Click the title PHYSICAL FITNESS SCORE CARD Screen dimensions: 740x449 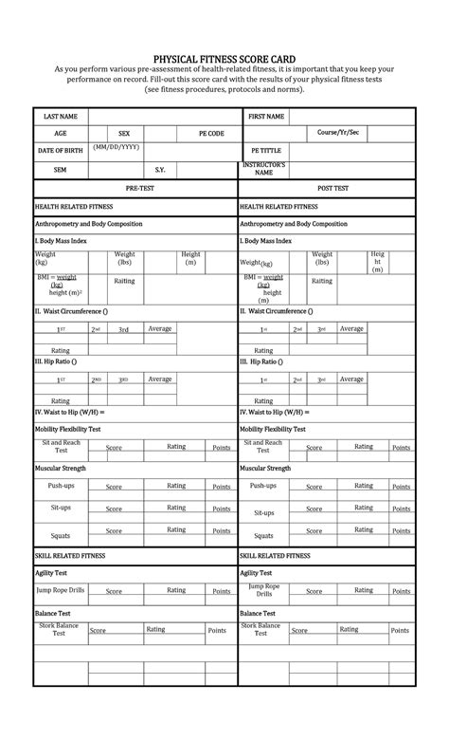pos(224,58)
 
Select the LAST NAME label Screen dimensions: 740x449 pos(60,117)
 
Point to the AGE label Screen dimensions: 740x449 pos(60,134)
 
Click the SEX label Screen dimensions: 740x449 pos(124,134)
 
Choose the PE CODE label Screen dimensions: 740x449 pos(211,134)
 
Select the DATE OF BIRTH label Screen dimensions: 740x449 pos(60,151)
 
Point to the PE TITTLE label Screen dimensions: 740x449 pos(266,151)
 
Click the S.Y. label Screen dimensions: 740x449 pos(160,170)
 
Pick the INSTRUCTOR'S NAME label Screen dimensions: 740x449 pos(264,169)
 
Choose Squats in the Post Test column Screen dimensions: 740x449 pos(263,536)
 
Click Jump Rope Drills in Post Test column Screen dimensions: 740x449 pos(263,590)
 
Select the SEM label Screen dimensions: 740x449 pos(60,170)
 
